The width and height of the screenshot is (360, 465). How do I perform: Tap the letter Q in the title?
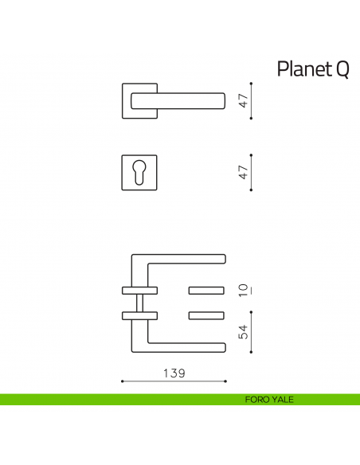340,70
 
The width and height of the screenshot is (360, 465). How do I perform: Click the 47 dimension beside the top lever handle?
245,100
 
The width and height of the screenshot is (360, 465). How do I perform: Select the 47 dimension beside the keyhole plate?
245,172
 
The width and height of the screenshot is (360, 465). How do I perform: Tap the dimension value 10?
245,288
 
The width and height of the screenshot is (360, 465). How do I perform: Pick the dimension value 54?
245,330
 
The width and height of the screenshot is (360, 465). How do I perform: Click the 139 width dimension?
174,373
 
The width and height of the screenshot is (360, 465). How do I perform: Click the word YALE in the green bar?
284,399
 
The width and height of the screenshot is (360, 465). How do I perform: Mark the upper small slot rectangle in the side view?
209,287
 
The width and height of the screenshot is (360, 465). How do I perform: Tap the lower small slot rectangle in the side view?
209,316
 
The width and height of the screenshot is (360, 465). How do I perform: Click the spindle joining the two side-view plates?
140,302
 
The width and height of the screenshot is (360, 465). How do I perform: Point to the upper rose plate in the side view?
139,287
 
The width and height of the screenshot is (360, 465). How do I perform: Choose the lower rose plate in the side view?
139,316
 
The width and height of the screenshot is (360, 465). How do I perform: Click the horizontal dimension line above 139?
174,382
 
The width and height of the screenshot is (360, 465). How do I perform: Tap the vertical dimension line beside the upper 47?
252,100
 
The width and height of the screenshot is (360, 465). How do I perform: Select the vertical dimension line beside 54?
252,330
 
